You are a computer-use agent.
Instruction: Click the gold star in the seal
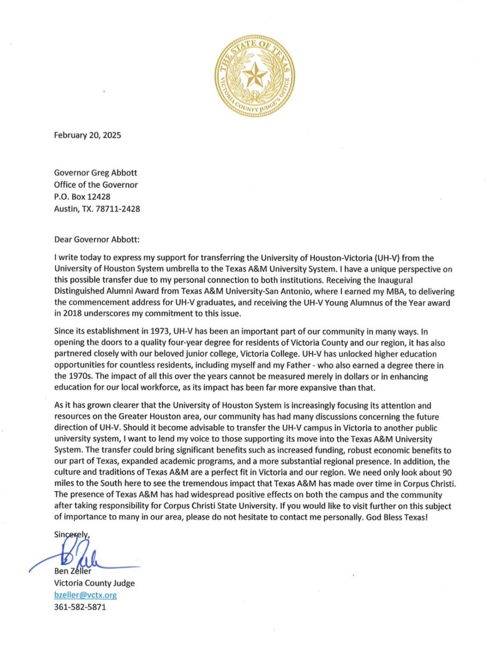tap(254, 75)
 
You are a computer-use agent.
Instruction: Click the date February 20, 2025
tap(87, 135)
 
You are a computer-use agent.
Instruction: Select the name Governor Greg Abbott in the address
tap(95, 173)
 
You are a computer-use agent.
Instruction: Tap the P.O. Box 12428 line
tap(82, 197)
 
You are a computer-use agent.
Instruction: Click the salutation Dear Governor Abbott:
tap(97, 239)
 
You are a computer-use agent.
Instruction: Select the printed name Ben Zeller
tap(73, 571)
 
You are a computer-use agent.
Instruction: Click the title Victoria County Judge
tap(94, 583)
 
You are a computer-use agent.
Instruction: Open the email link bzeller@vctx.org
tap(85, 595)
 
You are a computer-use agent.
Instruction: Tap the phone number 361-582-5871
tap(80, 607)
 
